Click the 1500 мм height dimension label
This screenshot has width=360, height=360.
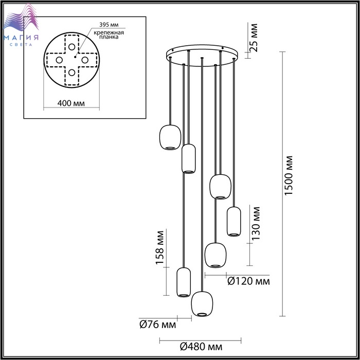[x=289, y=176]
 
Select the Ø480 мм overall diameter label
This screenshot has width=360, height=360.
[x=201, y=347]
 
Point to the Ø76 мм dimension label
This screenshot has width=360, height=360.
[x=158, y=325]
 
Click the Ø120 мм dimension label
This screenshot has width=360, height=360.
[x=248, y=281]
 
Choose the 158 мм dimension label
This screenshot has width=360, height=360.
[x=159, y=247]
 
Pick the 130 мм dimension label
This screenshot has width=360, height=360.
[x=256, y=223]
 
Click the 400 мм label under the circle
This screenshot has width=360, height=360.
[x=71, y=103]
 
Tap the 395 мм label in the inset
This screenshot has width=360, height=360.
[x=109, y=25]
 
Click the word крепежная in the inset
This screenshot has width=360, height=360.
[x=109, y=32]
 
